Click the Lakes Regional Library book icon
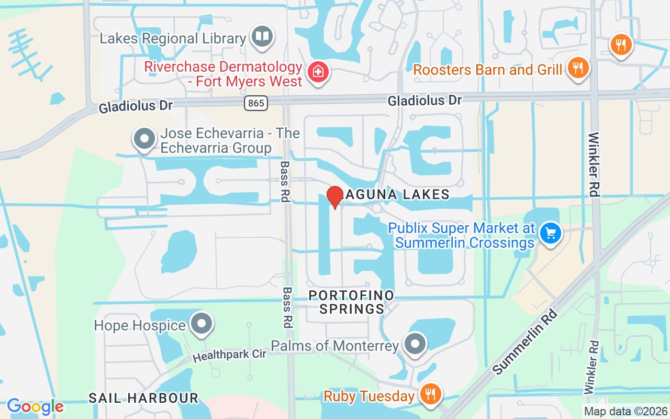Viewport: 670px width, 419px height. pyautogui.click(x=262, y=37)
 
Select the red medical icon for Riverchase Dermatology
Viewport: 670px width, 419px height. pyautogui.click(x=317, y=72)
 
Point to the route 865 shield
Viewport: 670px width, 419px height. pyautogui.click(x=256, y=103)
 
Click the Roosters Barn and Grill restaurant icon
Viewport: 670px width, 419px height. pyautogui.click(x=578, y=68)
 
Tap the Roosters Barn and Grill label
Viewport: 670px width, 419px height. pyautogui.click(x=488, y=70)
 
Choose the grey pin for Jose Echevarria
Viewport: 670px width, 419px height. pyautogui.click(x=144, y=139)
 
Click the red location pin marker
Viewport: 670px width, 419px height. pyautogui.click(x=334, y=197)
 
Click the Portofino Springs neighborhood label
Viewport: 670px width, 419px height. pyautogui.click(x=351, y=302)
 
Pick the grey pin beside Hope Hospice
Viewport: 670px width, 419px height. pyautogui.click(x=201, y=325)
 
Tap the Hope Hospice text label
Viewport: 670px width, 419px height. pyautogui.click(x=140, y=325)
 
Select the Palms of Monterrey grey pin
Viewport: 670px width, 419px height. pyautogui.click(x=416, y=345)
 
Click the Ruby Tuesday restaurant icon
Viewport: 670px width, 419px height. pyautogui.click(x=431, y=395)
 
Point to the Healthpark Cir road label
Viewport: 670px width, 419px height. pyautogui.click(x=230, y=355)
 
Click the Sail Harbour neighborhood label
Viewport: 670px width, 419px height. pyautogui.click(x=143, y=398)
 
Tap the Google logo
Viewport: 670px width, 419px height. pyautogui.click(x=35, y=406)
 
